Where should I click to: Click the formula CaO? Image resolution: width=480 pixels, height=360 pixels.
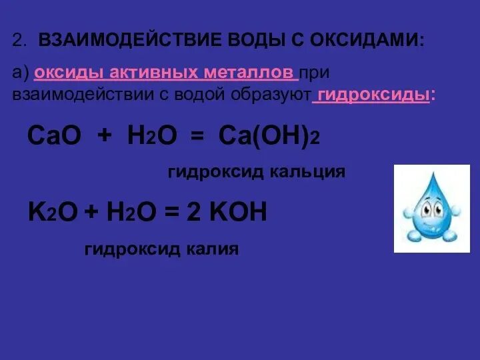tap(54, 137)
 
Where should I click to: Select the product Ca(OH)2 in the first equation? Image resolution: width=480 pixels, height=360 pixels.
tap(269, 137)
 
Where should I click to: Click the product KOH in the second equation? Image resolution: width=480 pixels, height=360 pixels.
tap(239, 213)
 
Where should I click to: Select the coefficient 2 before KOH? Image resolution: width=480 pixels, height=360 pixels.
tap(193, 213)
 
